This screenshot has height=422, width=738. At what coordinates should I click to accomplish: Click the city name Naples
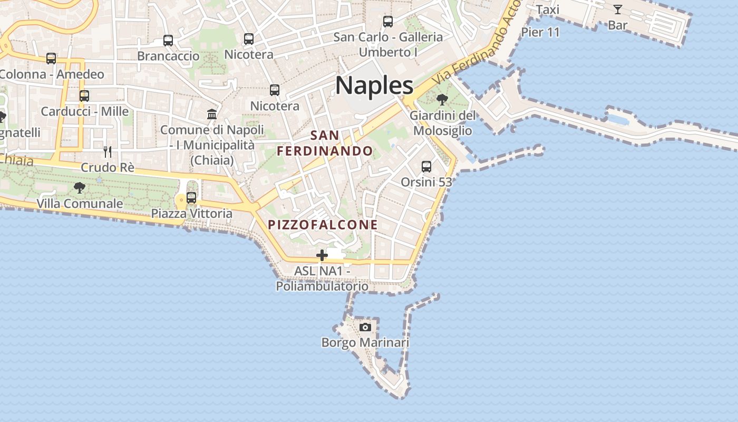point(374,85)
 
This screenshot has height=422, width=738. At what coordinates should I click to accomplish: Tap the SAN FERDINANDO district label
point(325,143)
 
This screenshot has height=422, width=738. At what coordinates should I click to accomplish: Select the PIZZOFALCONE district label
point(323,225)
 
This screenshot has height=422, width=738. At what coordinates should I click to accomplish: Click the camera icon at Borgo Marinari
point(365,327)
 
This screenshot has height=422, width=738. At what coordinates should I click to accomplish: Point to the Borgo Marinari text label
point(365,343)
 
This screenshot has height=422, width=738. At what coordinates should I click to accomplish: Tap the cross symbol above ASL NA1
point(322,256)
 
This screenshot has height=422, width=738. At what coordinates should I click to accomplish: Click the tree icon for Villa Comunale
point(80,187)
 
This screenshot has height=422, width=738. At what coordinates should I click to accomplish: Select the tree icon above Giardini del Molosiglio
point(442,99)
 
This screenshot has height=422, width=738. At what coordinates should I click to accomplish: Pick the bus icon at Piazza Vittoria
point(191,198)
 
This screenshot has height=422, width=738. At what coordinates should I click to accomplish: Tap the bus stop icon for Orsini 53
point(426,167)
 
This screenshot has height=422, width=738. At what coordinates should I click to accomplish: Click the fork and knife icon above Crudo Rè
point(108,152)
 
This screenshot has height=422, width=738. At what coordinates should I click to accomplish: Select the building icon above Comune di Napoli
point(212,114)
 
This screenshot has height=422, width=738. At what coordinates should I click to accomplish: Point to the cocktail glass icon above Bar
point(617,9)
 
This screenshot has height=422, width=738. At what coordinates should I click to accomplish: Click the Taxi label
point(547,9)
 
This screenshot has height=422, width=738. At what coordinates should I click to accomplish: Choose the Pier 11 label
point(540,32)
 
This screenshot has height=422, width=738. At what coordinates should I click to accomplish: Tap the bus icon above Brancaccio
point(168,40)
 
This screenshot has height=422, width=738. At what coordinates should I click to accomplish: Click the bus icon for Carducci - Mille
point(84,95)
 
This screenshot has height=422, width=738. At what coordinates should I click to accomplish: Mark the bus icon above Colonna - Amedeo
point(51,58)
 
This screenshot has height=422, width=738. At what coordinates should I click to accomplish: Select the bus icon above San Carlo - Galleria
point(388,22)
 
